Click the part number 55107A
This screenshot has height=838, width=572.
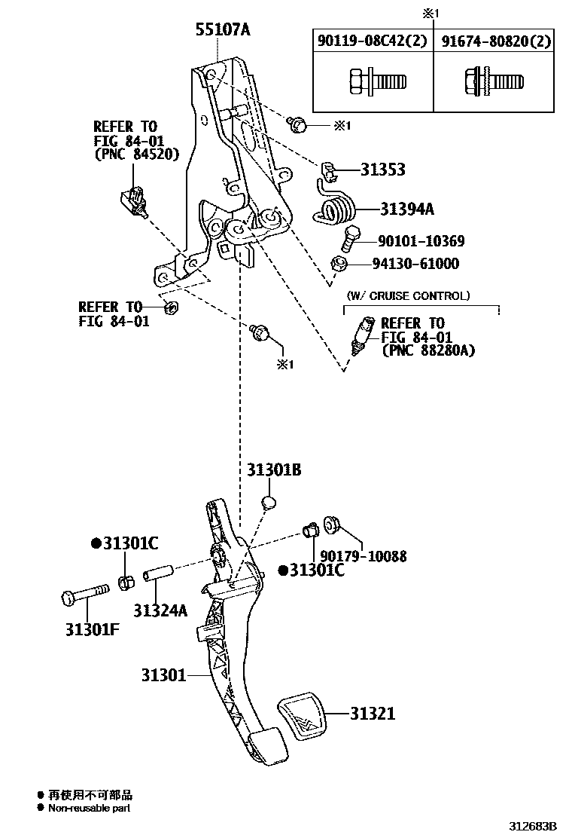pos(222,30)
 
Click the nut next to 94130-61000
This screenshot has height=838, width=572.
pos(339,264)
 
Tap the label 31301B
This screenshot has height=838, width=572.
pos(274,470)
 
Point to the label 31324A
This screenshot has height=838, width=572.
pos(160,610)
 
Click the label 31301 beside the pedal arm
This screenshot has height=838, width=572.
pos(163,674)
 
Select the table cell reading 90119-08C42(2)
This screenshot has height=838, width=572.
pos(373,41)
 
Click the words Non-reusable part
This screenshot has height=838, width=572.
pos(90,808)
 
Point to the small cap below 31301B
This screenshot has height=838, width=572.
pos(269,503)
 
